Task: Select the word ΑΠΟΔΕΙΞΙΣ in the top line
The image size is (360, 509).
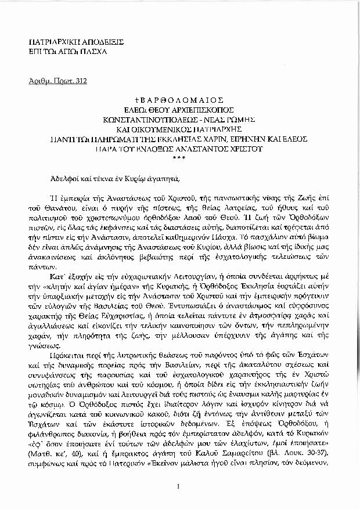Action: tap(85, 43)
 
